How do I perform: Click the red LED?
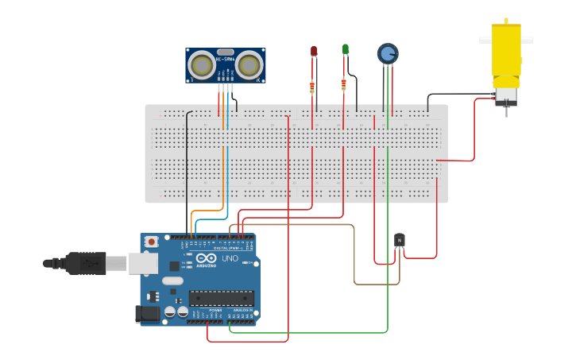tap(314, 52)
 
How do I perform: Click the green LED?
tap(345, 50)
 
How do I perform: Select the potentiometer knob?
tap(387, 53)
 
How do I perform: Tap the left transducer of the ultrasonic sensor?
tap(202, 64)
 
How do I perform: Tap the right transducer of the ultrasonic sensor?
tap(249, 64)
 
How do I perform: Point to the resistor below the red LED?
tap(312, 87)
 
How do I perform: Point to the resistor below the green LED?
tap(344, 84)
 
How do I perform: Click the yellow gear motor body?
tap(504, 56)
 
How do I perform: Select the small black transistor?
tap(400, 239)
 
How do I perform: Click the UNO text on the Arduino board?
tap(229, 259)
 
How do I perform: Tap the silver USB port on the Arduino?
tap(143, 262)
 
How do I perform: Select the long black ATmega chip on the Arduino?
tap(221, 298)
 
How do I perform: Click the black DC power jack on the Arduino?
tap(148, 314)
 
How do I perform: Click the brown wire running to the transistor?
tap(354, 254)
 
